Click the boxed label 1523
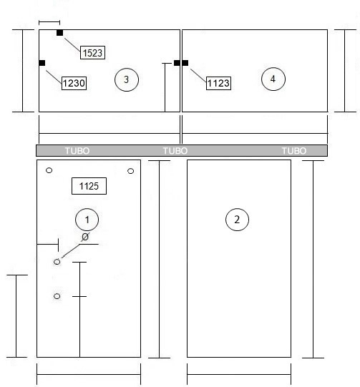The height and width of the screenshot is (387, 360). pyautogui.click(x=92, y=52)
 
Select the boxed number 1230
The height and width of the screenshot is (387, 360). pyautogui.click(x=74, y=83)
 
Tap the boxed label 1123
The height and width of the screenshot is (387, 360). pyautogui.click(x=218, y=83)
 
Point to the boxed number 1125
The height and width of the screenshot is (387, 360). pyautogui.click(x=89, y=186)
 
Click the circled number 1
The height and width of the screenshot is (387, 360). pyautogui.click(x=87, y=220)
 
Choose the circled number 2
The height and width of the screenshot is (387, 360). pyautogui.click(x=237, y=220)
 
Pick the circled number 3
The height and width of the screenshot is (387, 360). pyautogui.click(x=127, y=79)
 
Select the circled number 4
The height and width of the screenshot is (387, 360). pyautogui.click(x=273, y=79)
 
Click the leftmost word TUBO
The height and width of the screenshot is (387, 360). pyautogui.click(x=77, y=150)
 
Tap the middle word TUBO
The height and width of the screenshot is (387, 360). pyautogui.click(x=175, y=150)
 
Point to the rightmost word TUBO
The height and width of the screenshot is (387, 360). pyautogui.click(x=294, y=150)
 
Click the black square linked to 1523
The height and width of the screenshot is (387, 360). pyautogui.click(x=59, y=33)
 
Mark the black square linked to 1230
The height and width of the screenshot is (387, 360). pyautogui.click(x=42, y=63)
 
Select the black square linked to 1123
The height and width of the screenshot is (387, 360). pyautogui.click(x=185, y=63)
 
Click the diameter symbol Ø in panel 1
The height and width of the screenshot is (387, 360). pyautogui.click(x=85, y=237)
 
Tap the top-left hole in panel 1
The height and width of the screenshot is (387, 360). pyautogui.click(x=49, y=170)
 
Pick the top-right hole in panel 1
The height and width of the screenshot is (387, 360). pyautogui.click(x=131, y=171)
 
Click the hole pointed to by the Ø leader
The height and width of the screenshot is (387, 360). pyautogui.click(x=57, y=262)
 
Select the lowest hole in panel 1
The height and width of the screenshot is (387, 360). pyautogui.click(x=57, y=296)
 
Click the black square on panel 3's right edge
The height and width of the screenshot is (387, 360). pyautogui.click(x=177, y=63)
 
